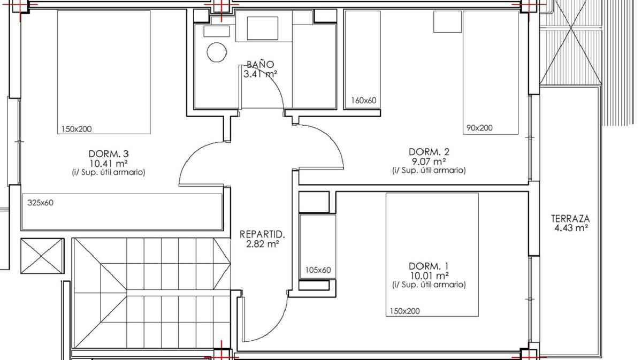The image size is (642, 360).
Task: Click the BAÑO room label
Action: (260, 65)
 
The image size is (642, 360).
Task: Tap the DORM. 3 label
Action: (109, 154)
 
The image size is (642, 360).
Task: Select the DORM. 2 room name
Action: (429, 152)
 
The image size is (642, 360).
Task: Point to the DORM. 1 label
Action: (429, 266)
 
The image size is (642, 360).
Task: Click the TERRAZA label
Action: (571, 219)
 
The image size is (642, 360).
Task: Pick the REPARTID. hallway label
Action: (262, 234)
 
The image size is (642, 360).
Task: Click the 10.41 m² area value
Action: (109, 164)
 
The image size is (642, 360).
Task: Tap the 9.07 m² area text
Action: (429, 162)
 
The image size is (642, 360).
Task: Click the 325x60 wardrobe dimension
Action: (41, 203)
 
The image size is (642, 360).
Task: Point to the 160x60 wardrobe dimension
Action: (364, 101)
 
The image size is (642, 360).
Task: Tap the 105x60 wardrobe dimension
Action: (318, 270)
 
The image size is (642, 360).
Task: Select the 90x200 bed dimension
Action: (479, 128)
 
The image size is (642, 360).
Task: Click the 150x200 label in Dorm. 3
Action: (77, 129)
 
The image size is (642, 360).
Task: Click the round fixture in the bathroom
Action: (217, 52)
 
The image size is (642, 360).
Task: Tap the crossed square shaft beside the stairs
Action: (42, 256)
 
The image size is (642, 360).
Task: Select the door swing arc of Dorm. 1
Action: (280, 326)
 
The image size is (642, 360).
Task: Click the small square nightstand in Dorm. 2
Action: (447, 22)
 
